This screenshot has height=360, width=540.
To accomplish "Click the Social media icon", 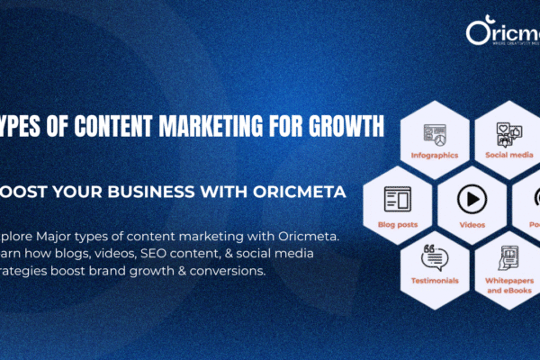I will (x=509, y=134).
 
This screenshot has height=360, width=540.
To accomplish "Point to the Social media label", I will (x=509, y=155).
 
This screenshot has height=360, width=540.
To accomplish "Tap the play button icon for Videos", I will (x=472, y=198).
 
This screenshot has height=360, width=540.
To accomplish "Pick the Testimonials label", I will (x=434, y=280).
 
